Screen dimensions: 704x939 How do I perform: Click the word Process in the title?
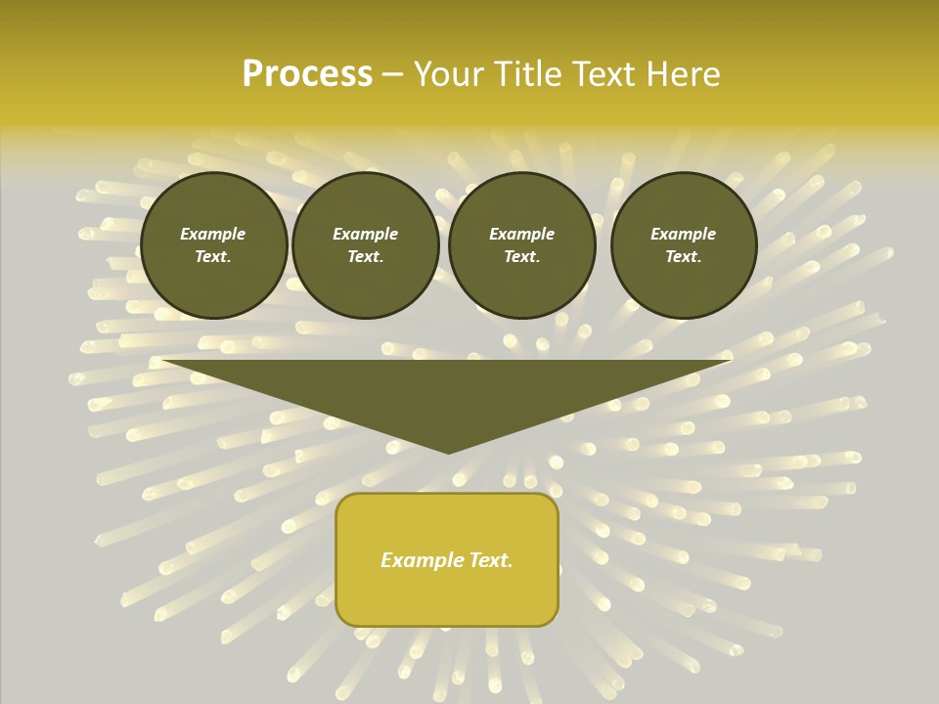307,74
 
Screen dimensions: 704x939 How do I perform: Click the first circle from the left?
213,245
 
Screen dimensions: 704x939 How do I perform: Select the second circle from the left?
365,245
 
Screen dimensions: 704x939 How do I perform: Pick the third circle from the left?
521,245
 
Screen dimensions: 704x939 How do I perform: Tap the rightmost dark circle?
683,245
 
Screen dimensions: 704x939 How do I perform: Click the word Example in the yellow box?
421,560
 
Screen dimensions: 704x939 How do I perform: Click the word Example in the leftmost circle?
213,234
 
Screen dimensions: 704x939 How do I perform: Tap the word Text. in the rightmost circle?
683,257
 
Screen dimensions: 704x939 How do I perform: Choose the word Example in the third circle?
521,234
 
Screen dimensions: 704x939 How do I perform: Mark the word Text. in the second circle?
365,257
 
